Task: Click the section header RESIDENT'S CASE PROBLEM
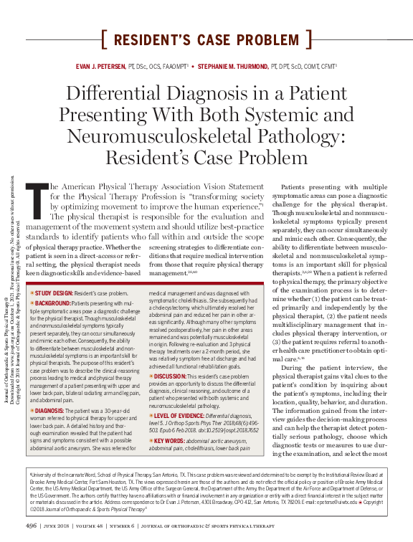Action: click(x=206, y=39)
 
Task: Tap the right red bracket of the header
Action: click(x=309, y=39)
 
